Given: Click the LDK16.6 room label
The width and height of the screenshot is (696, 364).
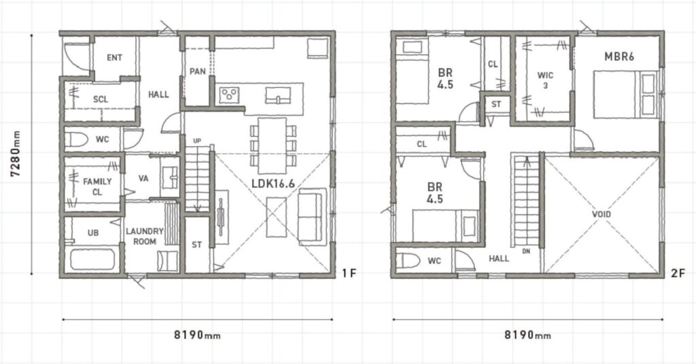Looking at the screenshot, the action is [x=273, y=184].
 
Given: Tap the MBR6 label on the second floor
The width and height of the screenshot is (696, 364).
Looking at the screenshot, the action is [x=619, y=56].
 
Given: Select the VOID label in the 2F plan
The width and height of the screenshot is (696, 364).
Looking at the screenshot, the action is [x=602, y=214].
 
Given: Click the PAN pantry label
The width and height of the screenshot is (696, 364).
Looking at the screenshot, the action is [x=197, y=71].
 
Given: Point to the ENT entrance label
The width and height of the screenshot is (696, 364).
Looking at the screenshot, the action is [x=114, y=58].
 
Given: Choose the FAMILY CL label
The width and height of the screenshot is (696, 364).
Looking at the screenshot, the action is [x=97, y=186].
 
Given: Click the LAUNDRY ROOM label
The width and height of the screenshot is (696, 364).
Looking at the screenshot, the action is [x=145, y=237].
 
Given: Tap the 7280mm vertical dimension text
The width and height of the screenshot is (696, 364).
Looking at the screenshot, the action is [x=16, y=154].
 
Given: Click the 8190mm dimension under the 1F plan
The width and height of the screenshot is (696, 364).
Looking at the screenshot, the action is [x=197, y=335].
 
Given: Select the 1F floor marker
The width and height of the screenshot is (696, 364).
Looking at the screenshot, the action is [x=349, y=274].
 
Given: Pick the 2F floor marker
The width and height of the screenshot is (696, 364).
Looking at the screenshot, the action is [x=678, y=274].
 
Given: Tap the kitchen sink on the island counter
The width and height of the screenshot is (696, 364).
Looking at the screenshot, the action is [x=278, y=95].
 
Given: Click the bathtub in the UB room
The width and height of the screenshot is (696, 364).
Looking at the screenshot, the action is [x=92, y=259].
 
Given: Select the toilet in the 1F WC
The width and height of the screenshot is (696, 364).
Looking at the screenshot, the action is [x=76, y=139].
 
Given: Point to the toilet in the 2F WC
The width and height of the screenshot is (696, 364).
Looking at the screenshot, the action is [x=408, y=261].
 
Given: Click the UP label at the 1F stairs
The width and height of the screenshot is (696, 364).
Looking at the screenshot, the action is [x=197, y=141].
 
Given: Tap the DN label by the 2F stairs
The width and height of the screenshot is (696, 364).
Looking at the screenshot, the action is [x=526, y=251].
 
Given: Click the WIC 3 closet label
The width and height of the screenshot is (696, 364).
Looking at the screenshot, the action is [x=545, y=80].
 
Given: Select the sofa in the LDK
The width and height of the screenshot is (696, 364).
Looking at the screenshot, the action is [x=312, y=217].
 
